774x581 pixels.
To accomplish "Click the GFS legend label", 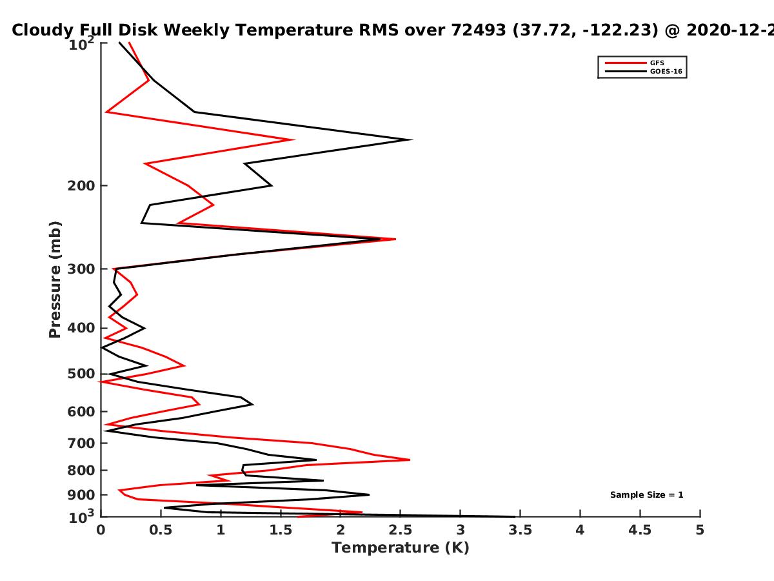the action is click(x=657, y=63).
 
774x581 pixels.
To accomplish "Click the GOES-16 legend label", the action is click(x=666, y=72).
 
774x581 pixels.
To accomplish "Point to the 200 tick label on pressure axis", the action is click(x=81, y=185).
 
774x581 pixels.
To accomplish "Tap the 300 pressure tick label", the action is click(x=81, y=269).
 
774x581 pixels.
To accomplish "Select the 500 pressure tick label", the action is click(x=81, y=374).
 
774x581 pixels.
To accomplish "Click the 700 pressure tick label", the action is click(x=81, y=443).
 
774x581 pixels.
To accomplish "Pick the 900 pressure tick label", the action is click(x=81, y=495).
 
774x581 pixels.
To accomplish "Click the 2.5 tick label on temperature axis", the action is click(x=401, y=530).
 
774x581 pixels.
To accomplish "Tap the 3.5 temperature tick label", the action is click(x=520, y=530).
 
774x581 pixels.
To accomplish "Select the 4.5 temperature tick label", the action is click(x=640, y=530).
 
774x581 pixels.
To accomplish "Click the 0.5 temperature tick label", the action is click(x=161, y=530).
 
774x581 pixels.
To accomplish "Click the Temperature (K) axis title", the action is click(x=401, y=548).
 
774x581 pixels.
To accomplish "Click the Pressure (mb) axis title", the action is click(x=55, y=280).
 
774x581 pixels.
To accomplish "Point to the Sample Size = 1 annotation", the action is click(x=647, y=495).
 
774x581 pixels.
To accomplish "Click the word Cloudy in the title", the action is click(x=43, y=30).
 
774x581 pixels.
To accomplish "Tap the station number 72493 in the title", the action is click(x=479, y=30).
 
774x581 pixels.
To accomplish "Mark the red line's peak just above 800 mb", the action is click(x=410, y=460).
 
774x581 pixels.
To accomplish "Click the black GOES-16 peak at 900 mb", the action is click(x=369, y=494).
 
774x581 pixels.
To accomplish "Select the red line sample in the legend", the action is click(x=626, y=63).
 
